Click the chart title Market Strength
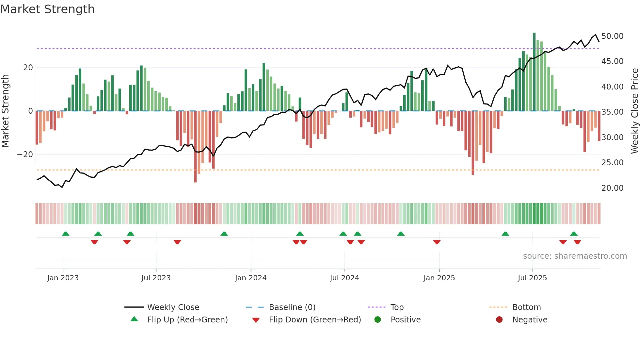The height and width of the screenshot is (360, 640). (x=47, y=9)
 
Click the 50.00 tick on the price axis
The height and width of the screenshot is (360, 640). (x=612, y=36)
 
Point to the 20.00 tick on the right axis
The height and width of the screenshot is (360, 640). (x=612, y=188)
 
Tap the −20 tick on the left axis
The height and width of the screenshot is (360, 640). (x=25, y=155)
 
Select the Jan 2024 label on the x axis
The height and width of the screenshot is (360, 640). (x=250, y=278)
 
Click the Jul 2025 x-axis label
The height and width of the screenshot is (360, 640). (x=532, y=278)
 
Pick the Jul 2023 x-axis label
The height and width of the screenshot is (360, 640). (x=156, y=278)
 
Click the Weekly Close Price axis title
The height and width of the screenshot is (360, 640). (x=634, y=111)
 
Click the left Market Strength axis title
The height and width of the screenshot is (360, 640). (x=5, y=111)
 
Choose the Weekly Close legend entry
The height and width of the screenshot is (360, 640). (x=173, y=307)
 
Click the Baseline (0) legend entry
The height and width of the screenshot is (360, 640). (x=292, y=307)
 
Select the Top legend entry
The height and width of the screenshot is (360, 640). (x=397, y=307)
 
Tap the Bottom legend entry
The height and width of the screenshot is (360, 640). (x=526, y=307)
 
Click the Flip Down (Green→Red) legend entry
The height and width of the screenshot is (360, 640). (x=314, y=320)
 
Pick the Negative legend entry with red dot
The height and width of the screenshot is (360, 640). (x=529, y=320)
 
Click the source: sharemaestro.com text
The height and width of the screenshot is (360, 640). (x=575, y=256)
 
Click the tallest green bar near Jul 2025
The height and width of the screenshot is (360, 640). (x=534, y=72)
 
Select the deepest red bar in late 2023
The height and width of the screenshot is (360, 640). (x=195, y=147)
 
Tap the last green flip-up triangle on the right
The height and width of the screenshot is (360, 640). (x=574, y=234)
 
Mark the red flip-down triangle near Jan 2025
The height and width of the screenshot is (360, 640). (x=437, y=242)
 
